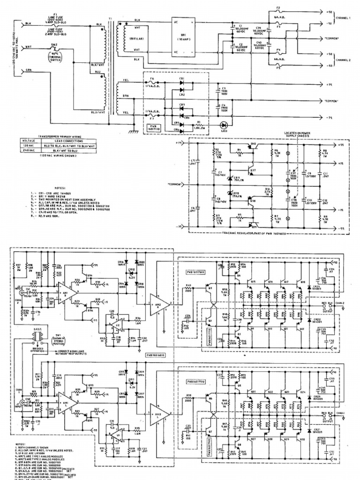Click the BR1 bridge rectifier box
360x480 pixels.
tap(182, 37)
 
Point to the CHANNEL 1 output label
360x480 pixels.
tap(343, 17)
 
